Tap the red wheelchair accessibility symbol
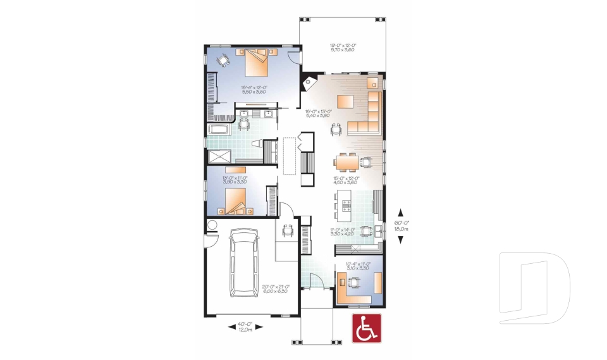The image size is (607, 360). pyautogui.click(x=365, y=328)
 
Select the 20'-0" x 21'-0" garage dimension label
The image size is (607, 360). pyautogui.click(x=274, y=289)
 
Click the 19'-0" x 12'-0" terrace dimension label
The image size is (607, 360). pyautogui.click(x=342, y=47)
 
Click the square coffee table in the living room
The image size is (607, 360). pyautogui.click(x=345, y=101)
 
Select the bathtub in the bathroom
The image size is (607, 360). pyautogui.click(x=221, y=130)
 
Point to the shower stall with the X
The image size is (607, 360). pyautogui.click(x=220, y=157)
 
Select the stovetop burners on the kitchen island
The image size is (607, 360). pyautogui.click(x=346, y=204)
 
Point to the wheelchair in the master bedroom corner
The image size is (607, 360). pyautogui.click(x=223, y=60)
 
